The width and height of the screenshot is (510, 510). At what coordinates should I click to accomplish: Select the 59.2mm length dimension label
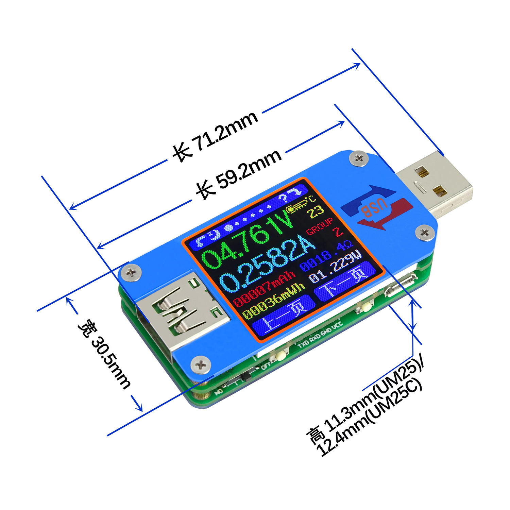[x=239, y=173]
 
